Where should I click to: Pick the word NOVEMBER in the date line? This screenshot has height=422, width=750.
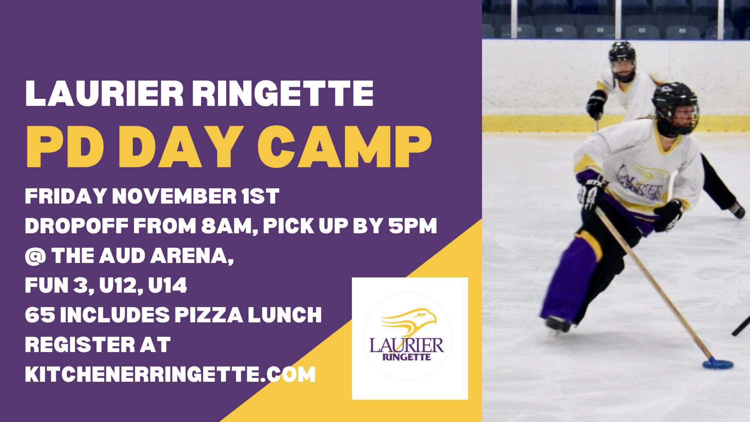click(x=174, y=196)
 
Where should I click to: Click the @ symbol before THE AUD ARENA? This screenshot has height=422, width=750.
click(x=36, y=256)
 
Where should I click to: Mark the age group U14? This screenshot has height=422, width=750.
click(x=168, y=285)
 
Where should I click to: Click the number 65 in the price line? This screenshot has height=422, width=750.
click(x=40, y=315)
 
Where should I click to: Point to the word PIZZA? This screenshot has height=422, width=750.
click(x=209, y=315)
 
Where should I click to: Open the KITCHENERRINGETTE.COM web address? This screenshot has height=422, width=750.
click(x=170, y=374)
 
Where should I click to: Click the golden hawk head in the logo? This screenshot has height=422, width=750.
click(x=410, y=321)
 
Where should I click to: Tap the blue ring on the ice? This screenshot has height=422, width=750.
click(x=718, y=364)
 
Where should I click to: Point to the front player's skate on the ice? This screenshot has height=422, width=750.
click(x=558, y=325)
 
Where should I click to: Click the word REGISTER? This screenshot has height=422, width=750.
click(x=80, y=345)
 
